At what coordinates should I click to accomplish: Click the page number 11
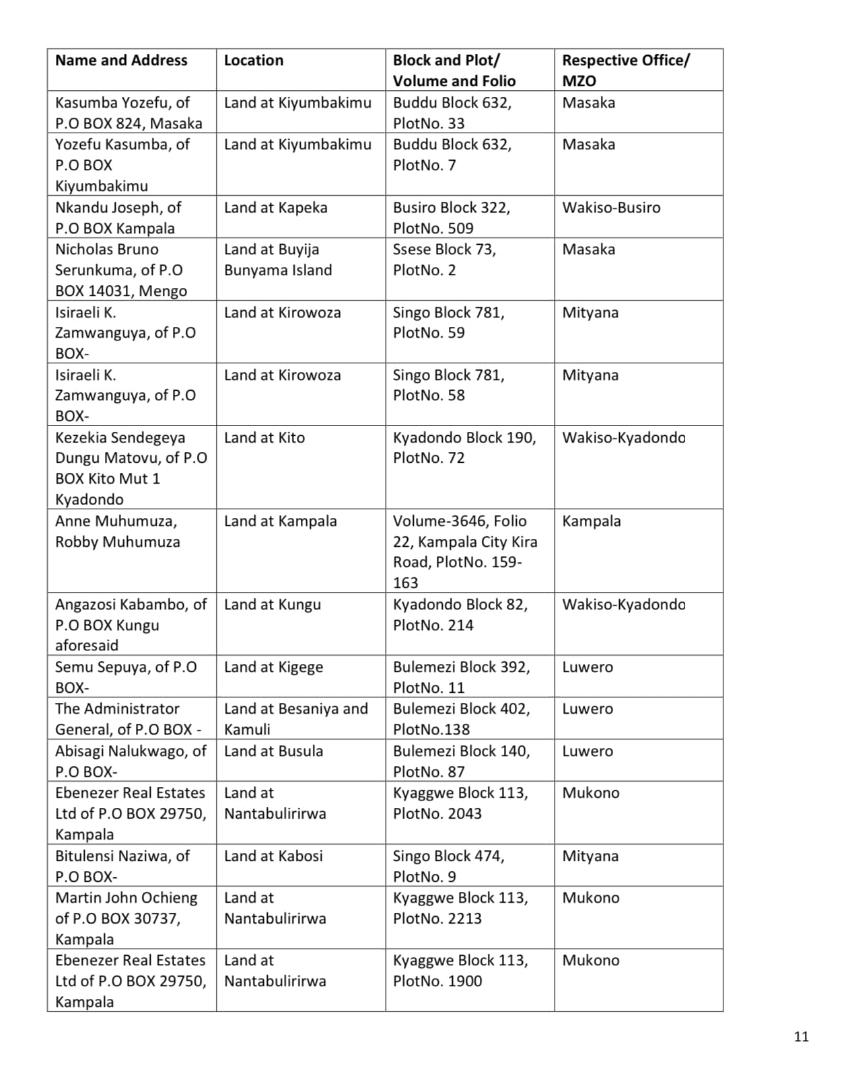[800, 1036]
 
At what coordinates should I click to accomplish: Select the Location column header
[254, 61]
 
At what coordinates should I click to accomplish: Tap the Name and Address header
[121, 61]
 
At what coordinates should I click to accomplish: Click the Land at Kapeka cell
[276, 208]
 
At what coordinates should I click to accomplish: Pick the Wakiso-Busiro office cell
[611, 208]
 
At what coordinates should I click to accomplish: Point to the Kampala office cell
[592, 521]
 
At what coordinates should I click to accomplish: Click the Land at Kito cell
[264, 438]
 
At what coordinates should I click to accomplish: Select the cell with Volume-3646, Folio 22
[464, 552]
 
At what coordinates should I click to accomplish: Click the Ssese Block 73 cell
[444, 260]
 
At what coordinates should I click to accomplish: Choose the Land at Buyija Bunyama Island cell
[278, 260]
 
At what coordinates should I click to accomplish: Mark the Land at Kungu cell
[273, 605]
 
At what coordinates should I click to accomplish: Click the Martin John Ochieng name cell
[127, 918]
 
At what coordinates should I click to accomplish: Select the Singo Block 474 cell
[448, 866]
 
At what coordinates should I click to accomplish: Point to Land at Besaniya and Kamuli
[296, 718]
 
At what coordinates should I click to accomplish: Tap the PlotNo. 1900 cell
[460, 971]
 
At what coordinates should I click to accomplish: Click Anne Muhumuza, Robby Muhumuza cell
[117, 531]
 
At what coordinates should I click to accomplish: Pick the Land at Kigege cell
[273, 667]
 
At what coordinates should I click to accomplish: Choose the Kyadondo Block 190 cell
[464, 448]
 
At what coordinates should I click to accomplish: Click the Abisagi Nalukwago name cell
[131, 761]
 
